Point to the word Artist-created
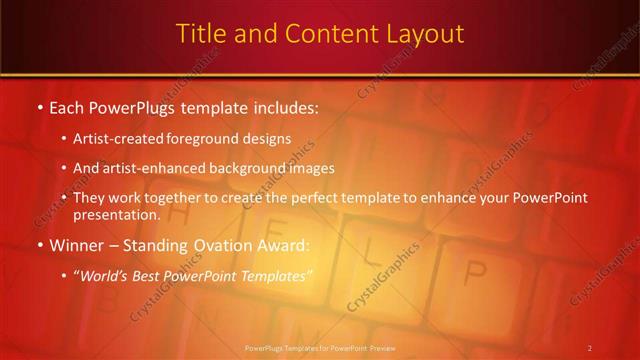click(x=115, y=138)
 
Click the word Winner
click(x=75, y=245)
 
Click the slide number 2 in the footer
click(x=589, y=348)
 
